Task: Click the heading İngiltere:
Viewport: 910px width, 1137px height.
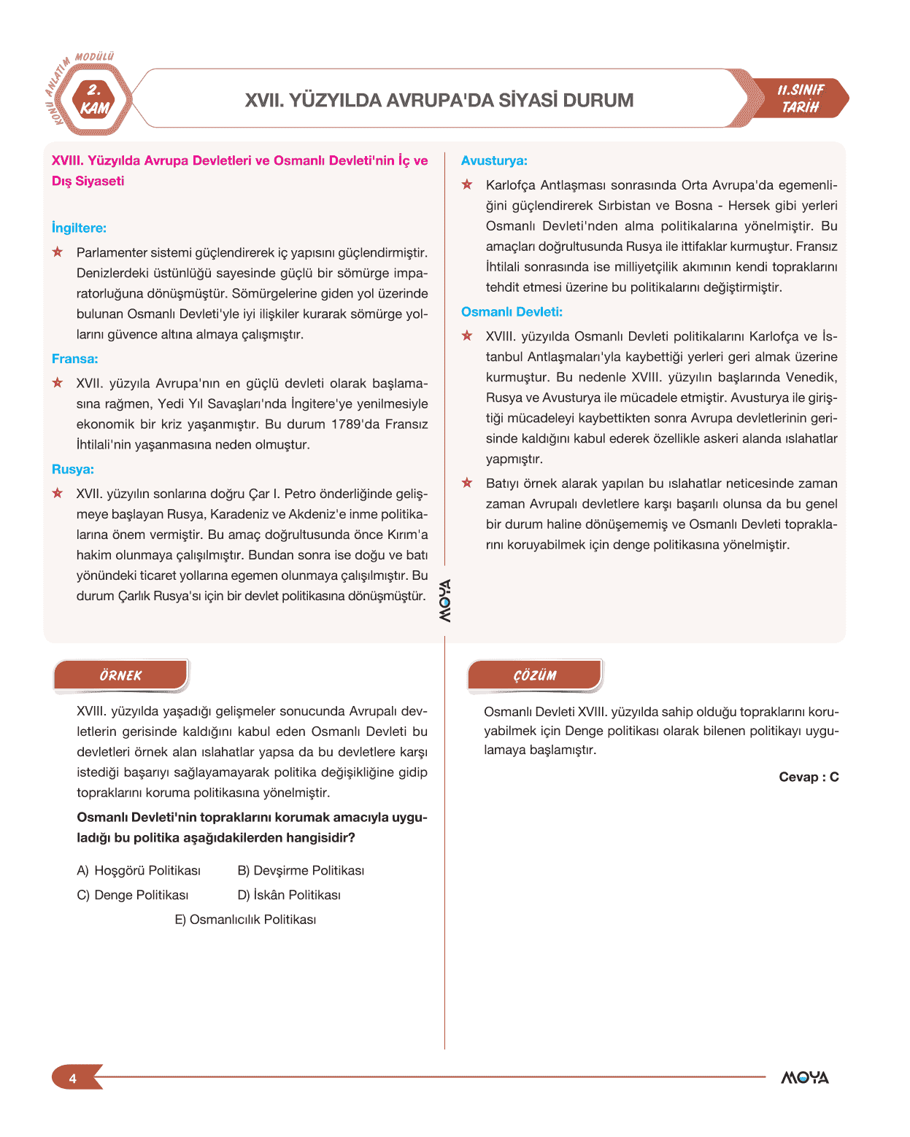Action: (x=79, y=228)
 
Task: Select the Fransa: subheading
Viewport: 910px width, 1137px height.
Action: (x=74, y=359)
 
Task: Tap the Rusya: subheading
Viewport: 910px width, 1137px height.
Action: (x=72, y=470)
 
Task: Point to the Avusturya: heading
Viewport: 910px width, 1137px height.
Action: (x=494, y=161)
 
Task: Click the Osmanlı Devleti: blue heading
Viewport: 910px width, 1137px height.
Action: (x=512, y=312)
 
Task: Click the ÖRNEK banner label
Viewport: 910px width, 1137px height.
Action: (x=121, y=675)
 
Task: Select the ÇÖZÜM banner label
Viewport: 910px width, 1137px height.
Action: (x=535, y=675)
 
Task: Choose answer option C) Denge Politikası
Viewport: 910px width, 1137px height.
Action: (x=133, y=895)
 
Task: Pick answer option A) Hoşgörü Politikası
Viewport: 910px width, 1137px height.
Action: (x=139, y=870)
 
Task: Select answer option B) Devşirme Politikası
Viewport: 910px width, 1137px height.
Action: (x=301, y=870)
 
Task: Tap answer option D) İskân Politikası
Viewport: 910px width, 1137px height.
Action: (x=289, y=895)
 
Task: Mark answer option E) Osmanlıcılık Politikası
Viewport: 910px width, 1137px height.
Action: (x=245, y=920)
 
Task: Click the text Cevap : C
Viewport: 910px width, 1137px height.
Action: (x=809, y=777)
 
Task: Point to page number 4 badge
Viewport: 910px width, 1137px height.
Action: (x=73, y=1078)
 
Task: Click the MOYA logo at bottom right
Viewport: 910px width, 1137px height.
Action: (x=805, y=1078)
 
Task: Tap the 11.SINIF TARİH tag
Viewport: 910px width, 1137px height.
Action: (x=801, y=98)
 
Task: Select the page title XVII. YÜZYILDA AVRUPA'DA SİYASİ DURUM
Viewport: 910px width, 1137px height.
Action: (x=439, y=100)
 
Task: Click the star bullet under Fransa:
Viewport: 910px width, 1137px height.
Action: (x=58, y=383)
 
